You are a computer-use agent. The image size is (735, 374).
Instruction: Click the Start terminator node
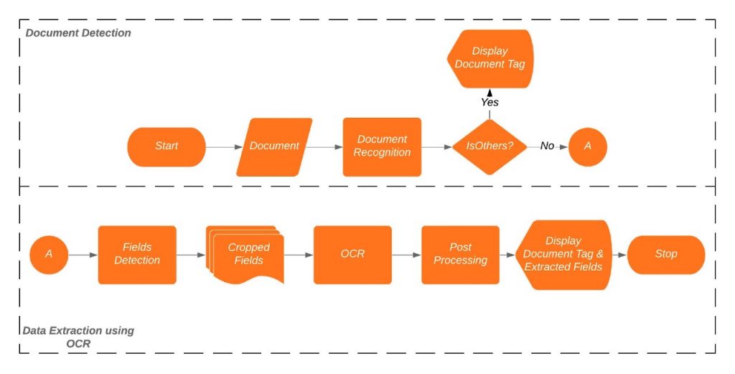[x=167, y=146]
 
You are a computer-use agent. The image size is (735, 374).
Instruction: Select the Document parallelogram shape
[x=274, y=146]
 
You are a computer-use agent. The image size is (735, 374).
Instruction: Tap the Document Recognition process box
[x=382, y=146]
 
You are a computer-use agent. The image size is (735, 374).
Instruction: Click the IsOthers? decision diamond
[x=490, y=146]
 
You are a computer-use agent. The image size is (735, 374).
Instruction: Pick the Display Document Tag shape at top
[x=490, y=58]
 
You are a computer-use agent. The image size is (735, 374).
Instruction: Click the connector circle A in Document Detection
[x=588, y=146]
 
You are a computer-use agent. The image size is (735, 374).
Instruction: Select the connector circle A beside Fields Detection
[x=49, y=254]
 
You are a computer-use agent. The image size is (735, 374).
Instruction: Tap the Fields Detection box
[x=137, y=254]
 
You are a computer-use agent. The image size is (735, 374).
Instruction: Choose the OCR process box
[x=352, y=254]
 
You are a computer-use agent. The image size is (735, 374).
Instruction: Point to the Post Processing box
[x=460, y=254]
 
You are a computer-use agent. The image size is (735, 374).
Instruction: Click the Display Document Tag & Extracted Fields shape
[x=563, y=254]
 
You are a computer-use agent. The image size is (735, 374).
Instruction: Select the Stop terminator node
[x=666, y=254]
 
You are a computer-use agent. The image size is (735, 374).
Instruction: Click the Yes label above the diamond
[x=490, y=103]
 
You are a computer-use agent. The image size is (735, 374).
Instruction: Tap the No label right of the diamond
[x=547, y=146]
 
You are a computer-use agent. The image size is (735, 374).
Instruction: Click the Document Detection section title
[x=78, y=33]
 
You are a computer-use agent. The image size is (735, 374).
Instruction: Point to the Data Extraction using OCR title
[x=78, y=337]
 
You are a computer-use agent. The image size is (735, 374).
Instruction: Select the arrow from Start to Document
[x=224, y=147]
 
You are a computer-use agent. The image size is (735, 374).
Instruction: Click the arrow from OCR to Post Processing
[x=406, y=255]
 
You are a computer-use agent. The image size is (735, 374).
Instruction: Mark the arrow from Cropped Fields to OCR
[x=299, y=255]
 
